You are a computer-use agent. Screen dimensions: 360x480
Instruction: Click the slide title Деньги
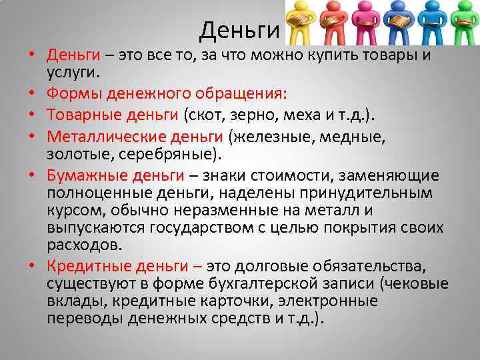tap(238, 29)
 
